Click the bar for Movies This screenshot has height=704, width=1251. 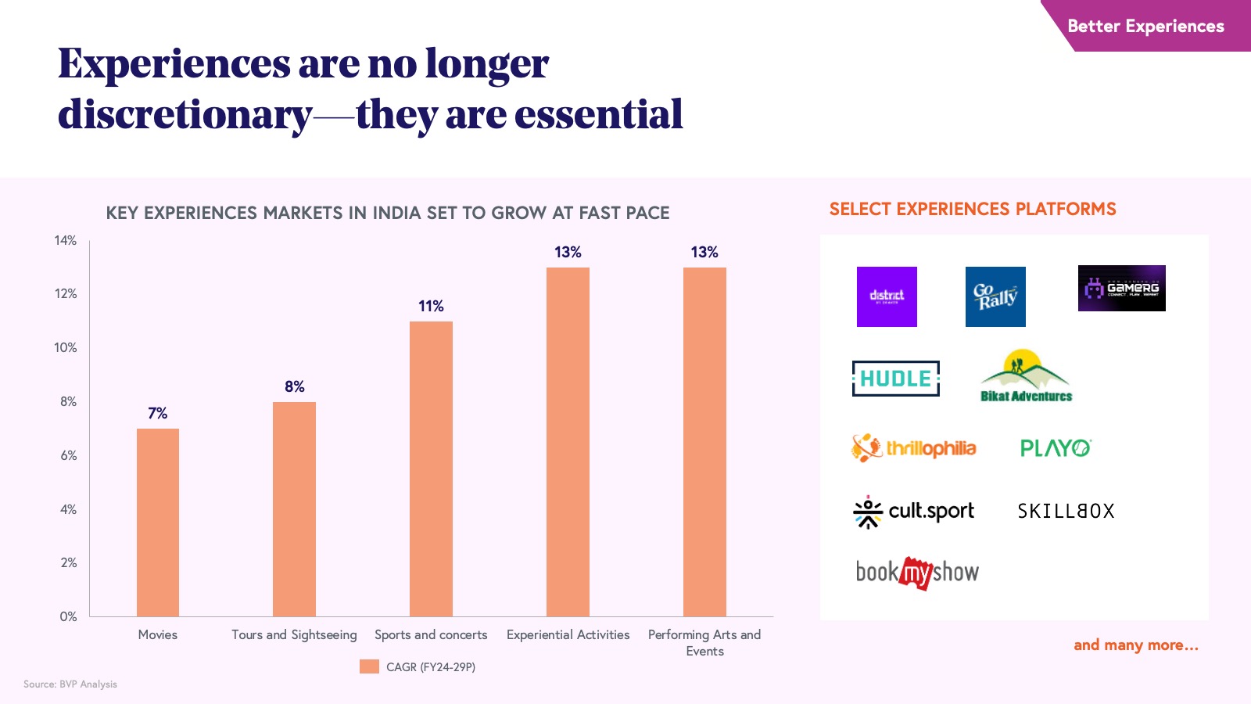[x=158, y=523]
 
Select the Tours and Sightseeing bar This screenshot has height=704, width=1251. [x=294, y=509]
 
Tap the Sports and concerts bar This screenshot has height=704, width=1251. [x=431, y=469]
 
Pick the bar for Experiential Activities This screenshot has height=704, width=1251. [x=568, y=442]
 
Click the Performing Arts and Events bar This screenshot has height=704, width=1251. [x=704, y=442]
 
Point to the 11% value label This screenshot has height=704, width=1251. [x=431, y=306]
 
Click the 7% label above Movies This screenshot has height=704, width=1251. [x=158, y=413]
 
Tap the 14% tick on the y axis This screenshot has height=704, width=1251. [x=66, y=240]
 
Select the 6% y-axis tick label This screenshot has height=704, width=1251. [x=69, y=455]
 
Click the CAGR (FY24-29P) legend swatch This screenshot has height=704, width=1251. [x=369, y=666]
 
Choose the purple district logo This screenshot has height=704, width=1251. [x=887, y=296]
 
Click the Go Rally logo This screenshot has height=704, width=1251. [x=995, y=296]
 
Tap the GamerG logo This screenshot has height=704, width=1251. [x=1121, y=288]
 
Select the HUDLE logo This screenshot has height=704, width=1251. [x=895, y=379]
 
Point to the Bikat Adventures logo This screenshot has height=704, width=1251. [x=1026, y=376]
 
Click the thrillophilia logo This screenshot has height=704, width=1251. [x=914, y=448]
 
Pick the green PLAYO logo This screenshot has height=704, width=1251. [x=1056, y=448]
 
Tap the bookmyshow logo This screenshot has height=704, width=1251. [x=917, y=573]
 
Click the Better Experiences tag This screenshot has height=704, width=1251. [x=1145, y=26]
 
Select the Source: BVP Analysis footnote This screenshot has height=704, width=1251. [x=70, y=684]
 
